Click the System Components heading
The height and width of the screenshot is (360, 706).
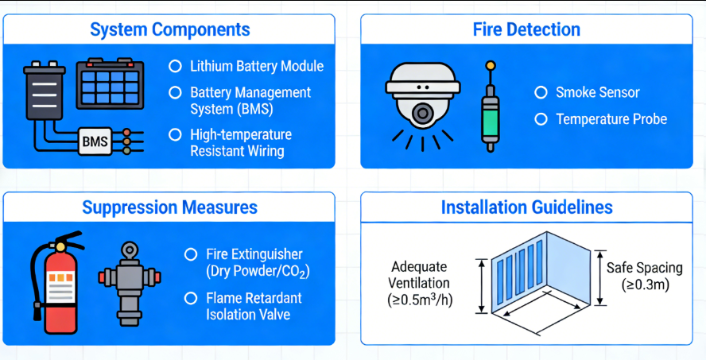tap(169, 30)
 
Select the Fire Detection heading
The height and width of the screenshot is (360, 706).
tap(526, 30)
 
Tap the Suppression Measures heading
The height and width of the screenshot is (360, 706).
tap(169, 207)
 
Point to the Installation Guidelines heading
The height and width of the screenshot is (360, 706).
tap(526, 207)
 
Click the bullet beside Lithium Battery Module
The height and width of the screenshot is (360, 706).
tap(176, 67)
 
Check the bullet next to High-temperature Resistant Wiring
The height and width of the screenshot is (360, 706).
tap(176, 135)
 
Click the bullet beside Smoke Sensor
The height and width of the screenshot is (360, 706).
tap(541, 92)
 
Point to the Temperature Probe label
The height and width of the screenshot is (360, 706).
tap(611, 119)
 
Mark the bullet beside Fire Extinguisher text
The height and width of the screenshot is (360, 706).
tap(190, 254)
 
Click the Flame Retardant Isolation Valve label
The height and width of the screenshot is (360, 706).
tap(254, 306)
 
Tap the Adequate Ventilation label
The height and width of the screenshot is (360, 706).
tap(419, 283)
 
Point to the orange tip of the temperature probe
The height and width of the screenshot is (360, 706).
tap(491, 65)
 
